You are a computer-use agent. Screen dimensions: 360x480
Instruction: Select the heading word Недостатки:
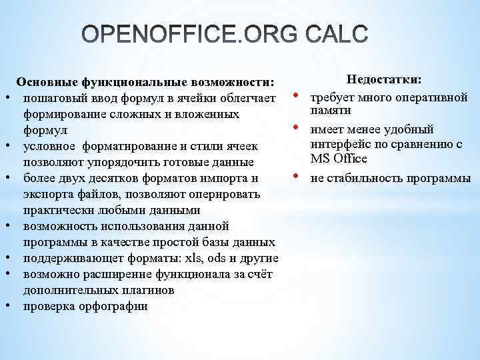click(383, 80)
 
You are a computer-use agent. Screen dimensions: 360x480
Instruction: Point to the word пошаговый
click(53, 99)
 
